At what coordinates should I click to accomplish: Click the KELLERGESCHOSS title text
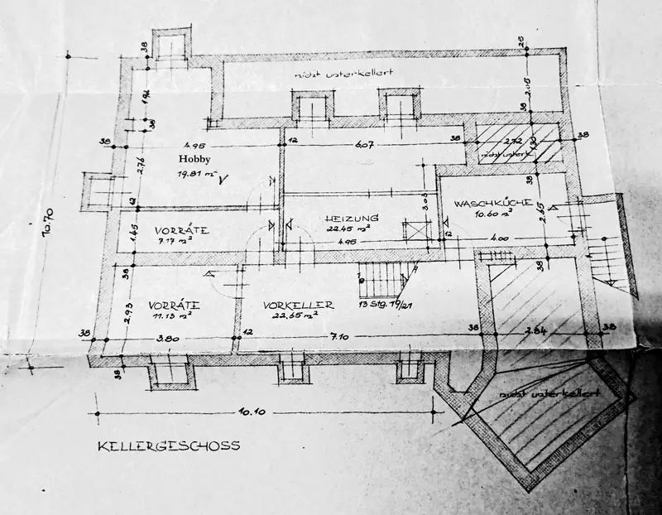coord(168,445)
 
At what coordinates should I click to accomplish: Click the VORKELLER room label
coord(299,306)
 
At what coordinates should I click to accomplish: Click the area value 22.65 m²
coord(298,315)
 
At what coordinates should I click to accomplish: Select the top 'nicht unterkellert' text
coord(343,75)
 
